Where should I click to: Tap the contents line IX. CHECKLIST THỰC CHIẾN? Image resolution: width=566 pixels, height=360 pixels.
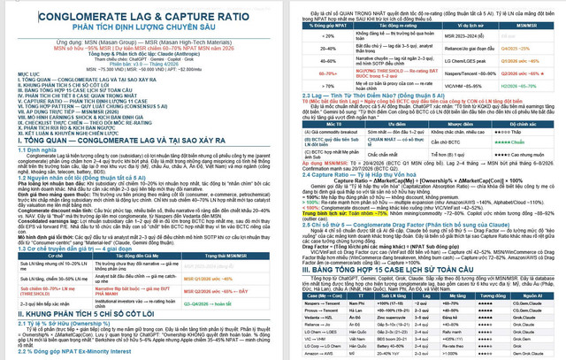click(71, 123)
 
